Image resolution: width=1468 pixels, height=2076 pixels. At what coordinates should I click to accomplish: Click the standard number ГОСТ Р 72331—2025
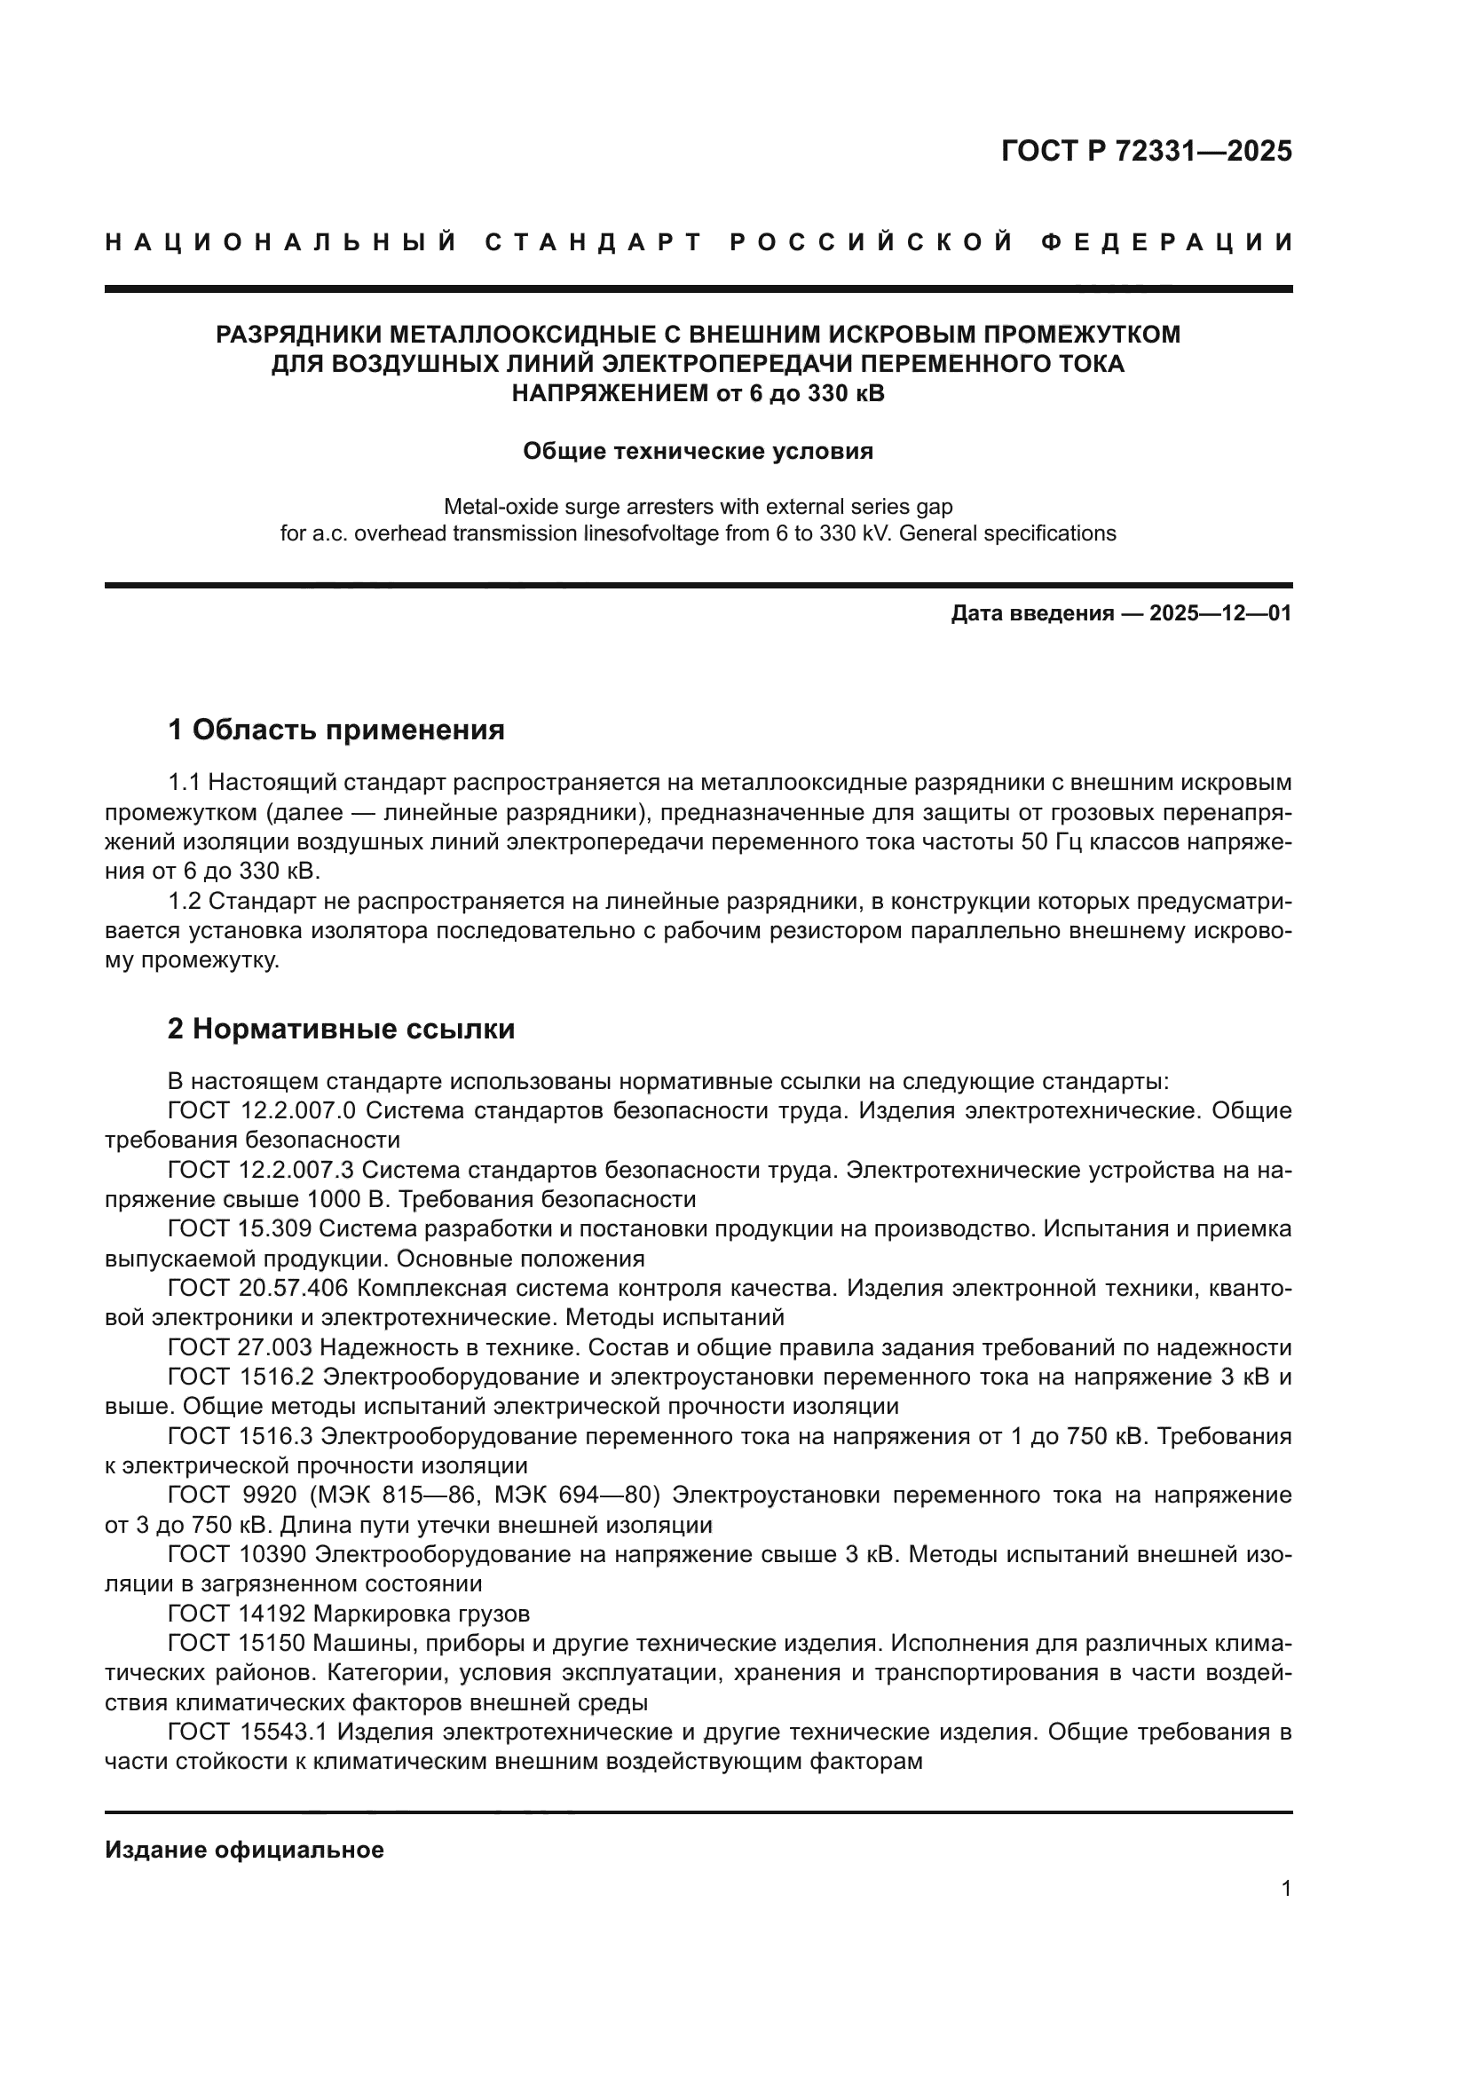tap(1146, 151)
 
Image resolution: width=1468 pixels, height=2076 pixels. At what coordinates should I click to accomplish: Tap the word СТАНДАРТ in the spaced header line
tap(593, 242)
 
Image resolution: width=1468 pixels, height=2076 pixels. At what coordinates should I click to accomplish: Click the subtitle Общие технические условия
tap(698, 451)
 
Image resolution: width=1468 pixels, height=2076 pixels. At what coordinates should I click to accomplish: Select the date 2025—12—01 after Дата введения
tap(1220, 614)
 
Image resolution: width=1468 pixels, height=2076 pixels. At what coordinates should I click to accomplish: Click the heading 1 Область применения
tap(336, 729)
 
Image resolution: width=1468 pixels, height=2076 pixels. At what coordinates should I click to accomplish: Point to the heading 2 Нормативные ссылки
tap(341, 1029)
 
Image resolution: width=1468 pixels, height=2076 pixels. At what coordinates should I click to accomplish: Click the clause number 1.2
tap(185, 903)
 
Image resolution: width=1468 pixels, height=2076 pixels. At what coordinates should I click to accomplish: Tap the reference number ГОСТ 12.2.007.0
tap(262, 1110)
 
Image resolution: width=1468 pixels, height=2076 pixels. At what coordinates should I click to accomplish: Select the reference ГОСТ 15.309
tap(240, 1228)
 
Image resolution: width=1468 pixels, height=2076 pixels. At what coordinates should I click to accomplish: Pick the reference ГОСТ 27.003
tap(240, 1347)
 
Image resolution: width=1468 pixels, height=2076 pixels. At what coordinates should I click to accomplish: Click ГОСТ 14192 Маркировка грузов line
tap(349, 1614)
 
